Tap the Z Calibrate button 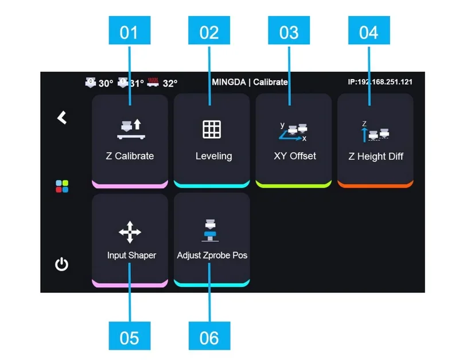(x=130, y=140)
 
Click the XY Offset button (x=294, y=140)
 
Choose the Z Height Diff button (x=375, y=140)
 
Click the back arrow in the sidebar (x=62, y=118)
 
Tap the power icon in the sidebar (x=61, y=264)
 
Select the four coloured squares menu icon (x=62, y=186)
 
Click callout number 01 (x=129, y=31)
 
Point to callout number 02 (x=209, y=31)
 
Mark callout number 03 (x=289, y=31)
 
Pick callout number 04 (x=369, y=31)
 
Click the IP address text (x=380, y=82)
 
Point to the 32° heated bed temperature (x=170, y=83)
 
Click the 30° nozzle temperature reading (x=105, y=83)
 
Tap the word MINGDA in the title (x=228, y=82)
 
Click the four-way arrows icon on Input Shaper (x=130, y=232)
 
